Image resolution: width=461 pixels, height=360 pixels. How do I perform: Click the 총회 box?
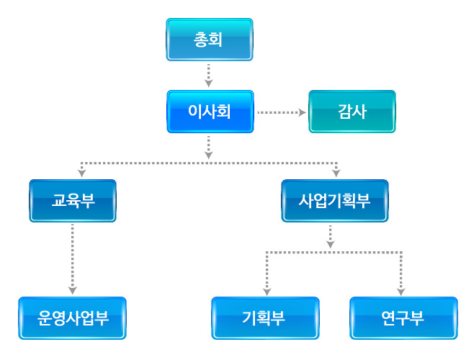pos(210,40)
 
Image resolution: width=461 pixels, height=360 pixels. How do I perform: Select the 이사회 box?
pos(210,112)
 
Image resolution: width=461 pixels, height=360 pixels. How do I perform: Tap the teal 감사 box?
pos(352,112)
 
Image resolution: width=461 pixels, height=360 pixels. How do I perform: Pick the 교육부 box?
pos(73,201)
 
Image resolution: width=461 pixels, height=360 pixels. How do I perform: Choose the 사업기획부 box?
pos(334,201)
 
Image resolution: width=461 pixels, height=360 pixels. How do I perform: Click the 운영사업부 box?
pos(72,318)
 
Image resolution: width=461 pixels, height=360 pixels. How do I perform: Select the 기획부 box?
pos(265,318)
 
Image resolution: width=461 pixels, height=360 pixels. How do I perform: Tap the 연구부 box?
pos(403,318)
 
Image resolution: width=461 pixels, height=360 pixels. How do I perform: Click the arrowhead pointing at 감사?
pos(303,112)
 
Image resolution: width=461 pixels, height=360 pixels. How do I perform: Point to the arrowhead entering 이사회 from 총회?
pos(208,84)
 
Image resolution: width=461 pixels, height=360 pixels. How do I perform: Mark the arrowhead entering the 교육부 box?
pos(81,173)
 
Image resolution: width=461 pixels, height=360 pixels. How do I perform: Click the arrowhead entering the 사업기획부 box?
pos(336,173)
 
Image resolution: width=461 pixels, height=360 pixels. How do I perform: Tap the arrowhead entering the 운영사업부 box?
pos(72,291)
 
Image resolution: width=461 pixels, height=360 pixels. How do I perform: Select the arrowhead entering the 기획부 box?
pos(267,292)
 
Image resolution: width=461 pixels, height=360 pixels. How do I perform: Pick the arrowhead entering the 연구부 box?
pos(400,292)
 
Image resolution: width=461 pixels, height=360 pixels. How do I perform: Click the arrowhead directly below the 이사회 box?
pos(208,156)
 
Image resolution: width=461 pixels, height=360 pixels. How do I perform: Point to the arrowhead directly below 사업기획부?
pos(330,245)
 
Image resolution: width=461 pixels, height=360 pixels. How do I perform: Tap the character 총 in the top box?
pos(201,40)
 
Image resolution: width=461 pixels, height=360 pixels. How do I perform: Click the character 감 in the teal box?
pos(345,112)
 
